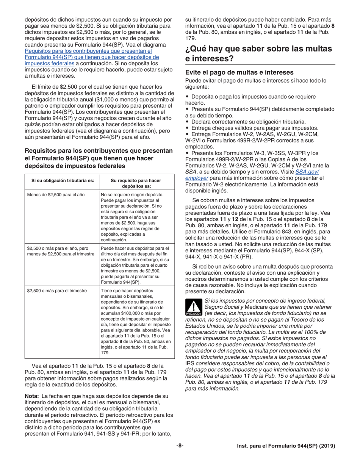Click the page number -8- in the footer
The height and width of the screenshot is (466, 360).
coord(180,446)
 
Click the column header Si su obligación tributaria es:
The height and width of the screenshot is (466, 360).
coord(63,180)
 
